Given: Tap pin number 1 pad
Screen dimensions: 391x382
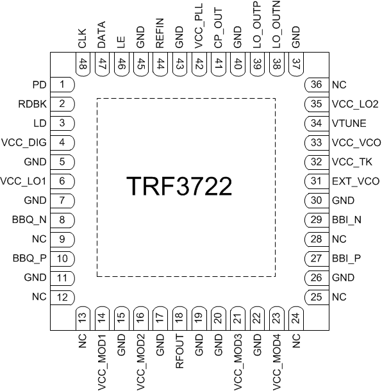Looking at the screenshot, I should pos(62,85).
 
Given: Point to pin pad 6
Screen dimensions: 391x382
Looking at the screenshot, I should pos(62,181).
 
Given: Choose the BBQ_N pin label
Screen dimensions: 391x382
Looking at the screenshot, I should pos(28,219).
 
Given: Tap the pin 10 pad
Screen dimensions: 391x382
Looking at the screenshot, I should pos(62,258).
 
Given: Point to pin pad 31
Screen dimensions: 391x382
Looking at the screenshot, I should pos(315,181).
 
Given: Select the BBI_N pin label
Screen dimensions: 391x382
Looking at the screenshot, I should pos(347,219).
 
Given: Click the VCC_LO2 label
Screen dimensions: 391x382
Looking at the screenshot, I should pos(353,104).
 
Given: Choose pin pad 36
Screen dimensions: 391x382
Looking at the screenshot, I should pos(315,85).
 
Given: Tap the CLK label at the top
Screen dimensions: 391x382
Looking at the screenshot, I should pos(82,40).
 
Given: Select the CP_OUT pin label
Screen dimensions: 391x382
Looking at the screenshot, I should pos(218,34).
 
